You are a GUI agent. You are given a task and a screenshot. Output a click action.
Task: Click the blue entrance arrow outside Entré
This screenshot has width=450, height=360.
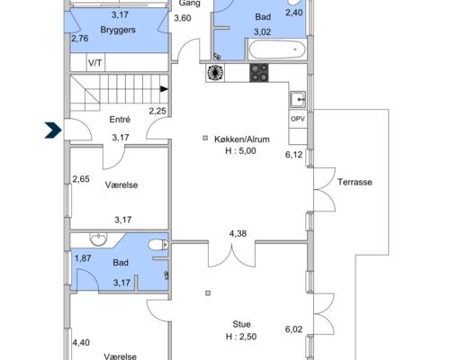53,130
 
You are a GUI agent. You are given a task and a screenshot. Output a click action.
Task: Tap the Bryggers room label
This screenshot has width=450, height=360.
118,30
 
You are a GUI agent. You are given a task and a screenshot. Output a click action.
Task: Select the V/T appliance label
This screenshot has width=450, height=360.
95,63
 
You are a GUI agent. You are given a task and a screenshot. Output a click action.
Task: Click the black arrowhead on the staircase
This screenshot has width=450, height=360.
164,89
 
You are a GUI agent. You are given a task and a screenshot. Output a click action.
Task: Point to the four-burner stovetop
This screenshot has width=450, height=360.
259,73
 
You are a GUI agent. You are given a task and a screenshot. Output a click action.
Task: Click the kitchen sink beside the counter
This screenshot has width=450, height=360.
298,100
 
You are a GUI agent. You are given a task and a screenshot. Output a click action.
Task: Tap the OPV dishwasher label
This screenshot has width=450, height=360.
298,119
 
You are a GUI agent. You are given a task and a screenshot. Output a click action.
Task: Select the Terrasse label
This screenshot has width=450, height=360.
355,182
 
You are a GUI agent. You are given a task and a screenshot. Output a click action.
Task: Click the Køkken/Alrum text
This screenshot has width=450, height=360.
242,139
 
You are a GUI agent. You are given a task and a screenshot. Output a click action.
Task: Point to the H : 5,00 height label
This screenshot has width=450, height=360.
240,150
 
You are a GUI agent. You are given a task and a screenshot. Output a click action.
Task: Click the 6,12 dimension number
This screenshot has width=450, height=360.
293,155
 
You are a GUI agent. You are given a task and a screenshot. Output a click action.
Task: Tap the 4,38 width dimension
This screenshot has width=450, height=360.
238,233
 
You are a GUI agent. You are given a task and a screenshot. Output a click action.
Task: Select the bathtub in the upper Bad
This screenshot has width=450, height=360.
277,49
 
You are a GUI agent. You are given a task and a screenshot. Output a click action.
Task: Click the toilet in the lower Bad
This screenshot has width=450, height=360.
157,245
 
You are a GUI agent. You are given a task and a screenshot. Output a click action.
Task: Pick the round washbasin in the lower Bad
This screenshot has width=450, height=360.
98,239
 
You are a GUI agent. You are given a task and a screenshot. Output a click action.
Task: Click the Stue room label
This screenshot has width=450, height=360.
241,324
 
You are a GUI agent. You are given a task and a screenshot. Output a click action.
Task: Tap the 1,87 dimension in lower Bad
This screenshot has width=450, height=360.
83,258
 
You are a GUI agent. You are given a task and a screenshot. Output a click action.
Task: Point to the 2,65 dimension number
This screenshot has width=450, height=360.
81,179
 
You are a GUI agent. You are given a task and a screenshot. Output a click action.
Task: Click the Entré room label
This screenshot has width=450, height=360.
120,120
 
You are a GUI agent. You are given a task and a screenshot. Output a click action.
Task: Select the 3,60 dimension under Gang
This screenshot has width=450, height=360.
183,18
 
